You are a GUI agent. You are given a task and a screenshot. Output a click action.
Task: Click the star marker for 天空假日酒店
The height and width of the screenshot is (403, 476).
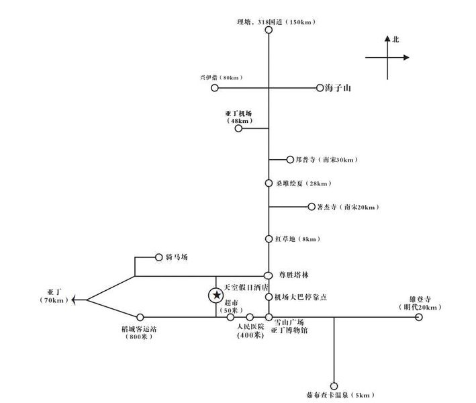[x=216, y=295]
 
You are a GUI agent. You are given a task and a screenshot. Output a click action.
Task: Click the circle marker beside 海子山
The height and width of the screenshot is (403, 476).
[x=320, y=88]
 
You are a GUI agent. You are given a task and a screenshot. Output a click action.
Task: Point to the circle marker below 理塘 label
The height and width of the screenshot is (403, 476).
[x=269, y=30]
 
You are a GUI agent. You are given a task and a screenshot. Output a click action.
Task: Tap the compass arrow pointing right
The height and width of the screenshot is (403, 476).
[x=408, y=58]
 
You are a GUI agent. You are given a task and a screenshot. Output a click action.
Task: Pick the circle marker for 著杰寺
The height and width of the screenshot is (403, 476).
[x=310, y=207]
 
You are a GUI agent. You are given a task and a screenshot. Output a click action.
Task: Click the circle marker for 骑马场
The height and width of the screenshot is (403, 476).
[x=159, y=257]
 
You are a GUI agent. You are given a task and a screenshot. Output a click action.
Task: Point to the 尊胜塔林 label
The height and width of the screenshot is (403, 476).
[x=294, y=275]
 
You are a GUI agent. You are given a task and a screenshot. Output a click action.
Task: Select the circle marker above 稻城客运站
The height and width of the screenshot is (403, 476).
[x=140, y=317]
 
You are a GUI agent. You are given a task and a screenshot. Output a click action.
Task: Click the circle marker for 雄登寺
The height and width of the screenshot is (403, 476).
[x=419, y=317]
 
